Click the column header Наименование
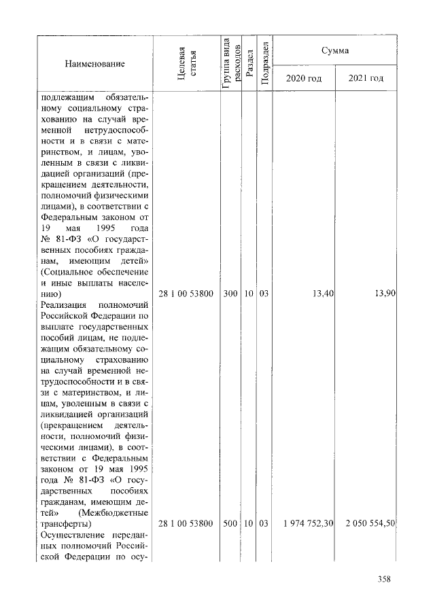point(94,64)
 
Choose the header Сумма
point(335,50)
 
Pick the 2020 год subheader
point(304,78)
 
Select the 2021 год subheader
point(366,78)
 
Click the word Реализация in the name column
point(63,305)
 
